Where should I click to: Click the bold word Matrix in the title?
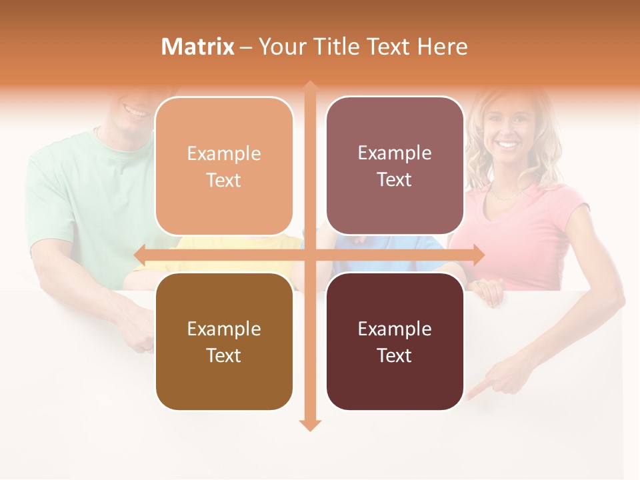click(198, 47)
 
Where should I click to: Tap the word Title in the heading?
click(342, 47)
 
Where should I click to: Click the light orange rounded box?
click(224, 167)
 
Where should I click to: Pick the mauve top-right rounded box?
click(395, 166)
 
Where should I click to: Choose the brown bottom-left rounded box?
click(224, 341)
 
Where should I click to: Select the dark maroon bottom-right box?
click(395, 341)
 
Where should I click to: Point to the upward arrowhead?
click(309, 87)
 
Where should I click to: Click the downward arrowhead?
click(309, 425)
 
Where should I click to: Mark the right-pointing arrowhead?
click(478, 254)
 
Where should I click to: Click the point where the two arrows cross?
click(309, 254)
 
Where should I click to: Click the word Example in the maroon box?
click(395, 329)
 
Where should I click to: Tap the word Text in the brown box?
click(224, 355)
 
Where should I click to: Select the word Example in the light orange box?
click(224, 153)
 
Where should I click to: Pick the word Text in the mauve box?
click(395, 180)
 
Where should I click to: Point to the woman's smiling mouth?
click(508, 143)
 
